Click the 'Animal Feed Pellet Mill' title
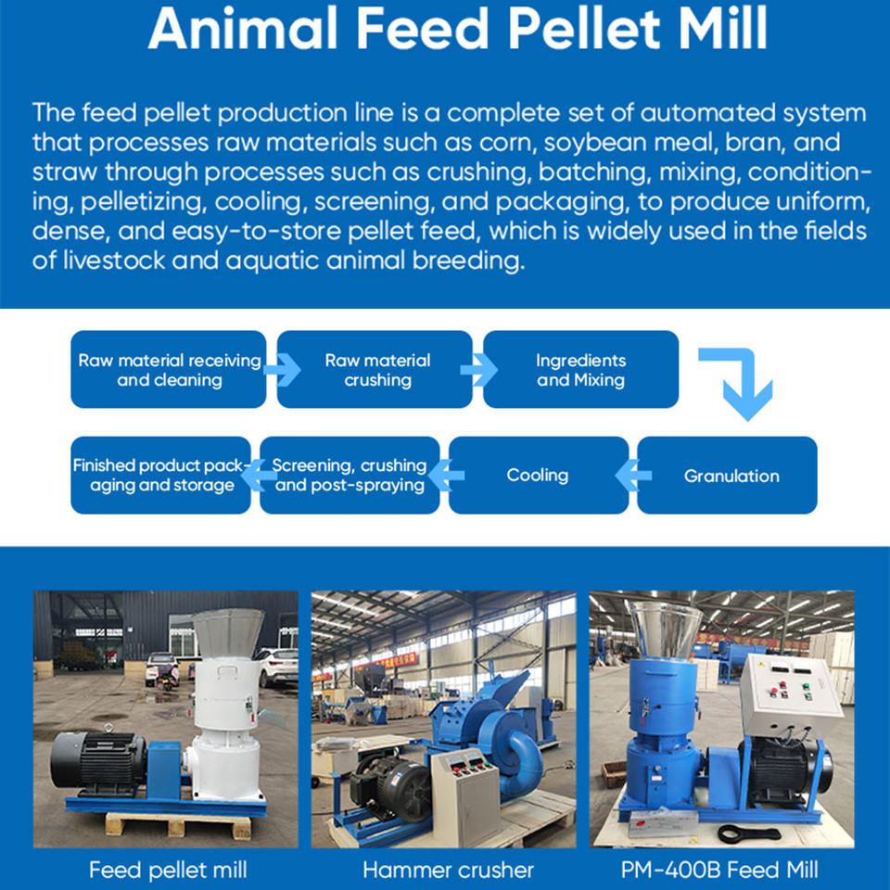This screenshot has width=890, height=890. (x=457, y=29)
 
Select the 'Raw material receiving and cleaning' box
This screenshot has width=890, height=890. (x=169, y=370)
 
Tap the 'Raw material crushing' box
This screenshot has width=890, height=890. (x=375, y=370)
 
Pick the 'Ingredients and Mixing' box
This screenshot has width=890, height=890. (x=580, y=370)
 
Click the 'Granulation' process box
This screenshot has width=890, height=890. (x=727, y=475)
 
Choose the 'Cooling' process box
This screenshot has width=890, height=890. (x=539, y=475)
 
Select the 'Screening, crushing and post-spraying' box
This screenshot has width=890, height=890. (x=350, y=475)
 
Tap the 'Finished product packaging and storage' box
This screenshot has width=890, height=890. (x=160, y=475)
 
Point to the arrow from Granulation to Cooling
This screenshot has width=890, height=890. (x=633, y=475)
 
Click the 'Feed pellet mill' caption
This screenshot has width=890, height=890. (x=168, y=870)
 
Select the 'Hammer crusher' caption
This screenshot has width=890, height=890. (x=448, y=870)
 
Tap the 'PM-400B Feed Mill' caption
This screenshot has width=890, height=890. (x=719, y=870)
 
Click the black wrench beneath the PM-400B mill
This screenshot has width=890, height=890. (x=749, y=833)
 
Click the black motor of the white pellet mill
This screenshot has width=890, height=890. (x=97, y=762)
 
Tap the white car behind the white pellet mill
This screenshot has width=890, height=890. (x=278, y=667)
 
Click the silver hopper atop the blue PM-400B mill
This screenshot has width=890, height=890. (x=665, y=629)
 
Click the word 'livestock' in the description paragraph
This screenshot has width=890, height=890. (x=113, y=261)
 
